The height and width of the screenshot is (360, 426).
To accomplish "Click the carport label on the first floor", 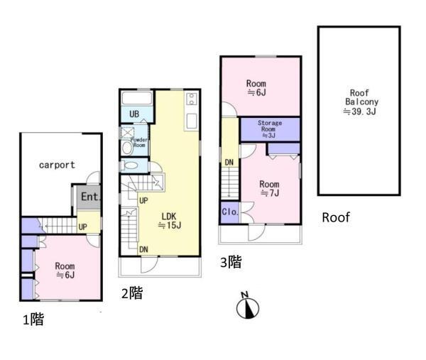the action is pyautogui.click(x=57, y=165).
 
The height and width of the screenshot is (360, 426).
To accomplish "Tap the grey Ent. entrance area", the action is pyautogui.click(x=89, y=197).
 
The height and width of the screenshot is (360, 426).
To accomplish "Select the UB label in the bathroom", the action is pyautogui.click(x=134, y=114).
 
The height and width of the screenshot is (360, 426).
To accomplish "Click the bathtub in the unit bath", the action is pyautogui.click(x=137, y=98).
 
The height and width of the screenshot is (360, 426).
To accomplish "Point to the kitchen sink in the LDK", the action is pyautogui.click(x=192, y=121).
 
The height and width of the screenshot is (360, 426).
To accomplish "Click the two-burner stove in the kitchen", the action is pyautogui.click(x=192, y=99).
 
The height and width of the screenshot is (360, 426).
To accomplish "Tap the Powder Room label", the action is pyautogui.click(x=139, y=143).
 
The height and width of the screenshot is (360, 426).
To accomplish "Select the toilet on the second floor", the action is pyautogui.click(x=130, y=165).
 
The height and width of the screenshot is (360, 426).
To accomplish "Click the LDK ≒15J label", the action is pyautogui.click(x=170, y=221).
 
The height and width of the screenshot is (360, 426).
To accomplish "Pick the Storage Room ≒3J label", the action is pyautogui.click(x=270, y=129).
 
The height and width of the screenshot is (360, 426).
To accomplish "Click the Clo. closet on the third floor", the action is pyautogui.click(x=229, y=212).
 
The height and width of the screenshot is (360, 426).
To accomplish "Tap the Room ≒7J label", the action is pyautogui.click(x=270, y=188).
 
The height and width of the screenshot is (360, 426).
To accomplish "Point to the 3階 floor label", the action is pyautogui.click(x=231, y=262).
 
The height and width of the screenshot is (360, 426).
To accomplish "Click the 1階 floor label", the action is pyautogui.click(x=33, y=320).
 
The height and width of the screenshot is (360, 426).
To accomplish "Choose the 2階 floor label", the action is pyautogui.click(x=132, y=293).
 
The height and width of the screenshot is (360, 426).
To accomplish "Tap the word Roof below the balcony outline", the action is pyautogui.click(x=336, y=217).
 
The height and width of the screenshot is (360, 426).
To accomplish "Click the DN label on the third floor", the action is pyautogui.click(x=229, y=163).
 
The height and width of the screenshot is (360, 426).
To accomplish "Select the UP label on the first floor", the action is pyautogui.click(x=82, y=227).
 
